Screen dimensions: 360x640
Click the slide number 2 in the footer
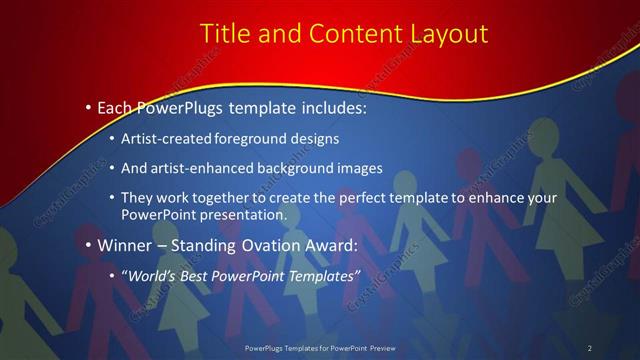(589, 347)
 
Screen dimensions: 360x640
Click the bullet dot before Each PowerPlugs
(89, 105)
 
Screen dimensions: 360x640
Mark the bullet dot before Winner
(89, 244)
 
